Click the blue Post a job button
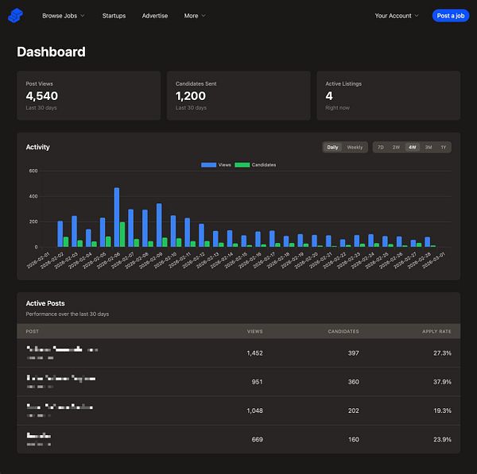451,16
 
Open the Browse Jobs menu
63,16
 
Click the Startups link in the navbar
114,16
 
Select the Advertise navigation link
155,16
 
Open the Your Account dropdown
397,16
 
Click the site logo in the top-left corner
16,16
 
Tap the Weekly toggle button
355,147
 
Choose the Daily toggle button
332,147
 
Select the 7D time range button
380,147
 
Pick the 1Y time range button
444,147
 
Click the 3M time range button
428,147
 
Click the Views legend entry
216,164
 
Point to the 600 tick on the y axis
33,171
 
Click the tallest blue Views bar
117,218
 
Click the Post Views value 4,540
41,96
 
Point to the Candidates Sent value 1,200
192,96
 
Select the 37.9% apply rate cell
441,382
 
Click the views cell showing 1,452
254,353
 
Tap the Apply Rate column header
437,331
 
